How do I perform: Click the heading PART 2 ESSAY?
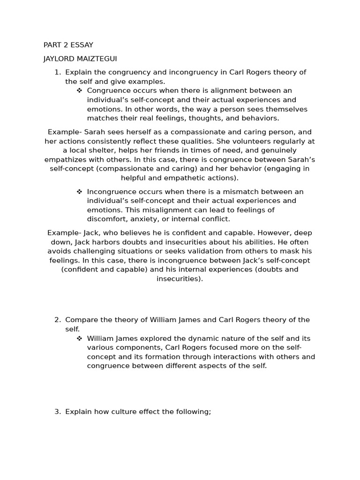(68, 45)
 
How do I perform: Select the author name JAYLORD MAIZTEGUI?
(80, 59)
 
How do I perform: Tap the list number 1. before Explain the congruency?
(58, 72)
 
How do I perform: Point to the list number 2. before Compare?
(58, 320)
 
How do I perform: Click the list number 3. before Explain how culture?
(58, 412)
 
